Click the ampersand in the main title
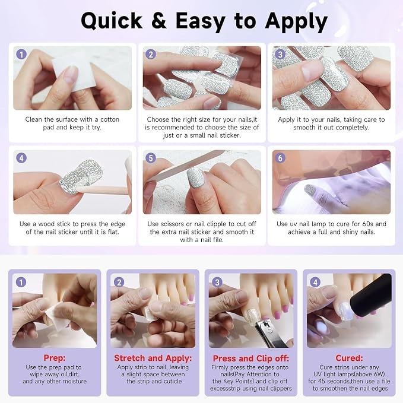[159, 21]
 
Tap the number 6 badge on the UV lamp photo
[280, 158]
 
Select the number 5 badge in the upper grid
[151, 158]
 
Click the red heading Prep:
[55, 358]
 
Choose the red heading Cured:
[349, 358]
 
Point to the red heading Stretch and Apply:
[153, 358]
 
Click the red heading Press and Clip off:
[251, 358]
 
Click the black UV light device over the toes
[370, 296]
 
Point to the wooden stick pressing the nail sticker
[103, 190]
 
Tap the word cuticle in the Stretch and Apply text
[173, 381]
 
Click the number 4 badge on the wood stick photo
[21, 158]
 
